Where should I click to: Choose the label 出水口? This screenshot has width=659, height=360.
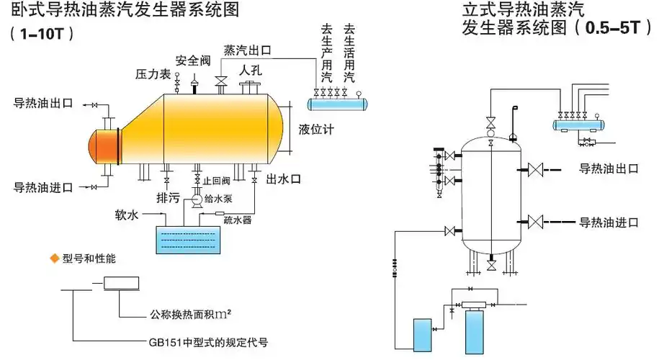282,179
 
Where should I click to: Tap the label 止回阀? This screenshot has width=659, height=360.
215,181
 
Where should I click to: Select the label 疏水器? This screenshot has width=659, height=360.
237,220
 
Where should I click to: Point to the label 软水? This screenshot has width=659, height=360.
127,215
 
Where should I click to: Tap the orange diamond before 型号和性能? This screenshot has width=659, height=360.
53,257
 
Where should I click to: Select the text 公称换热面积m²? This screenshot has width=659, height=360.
194,315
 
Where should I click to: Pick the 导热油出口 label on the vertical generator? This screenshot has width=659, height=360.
609,169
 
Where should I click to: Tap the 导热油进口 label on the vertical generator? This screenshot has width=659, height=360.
609,222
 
